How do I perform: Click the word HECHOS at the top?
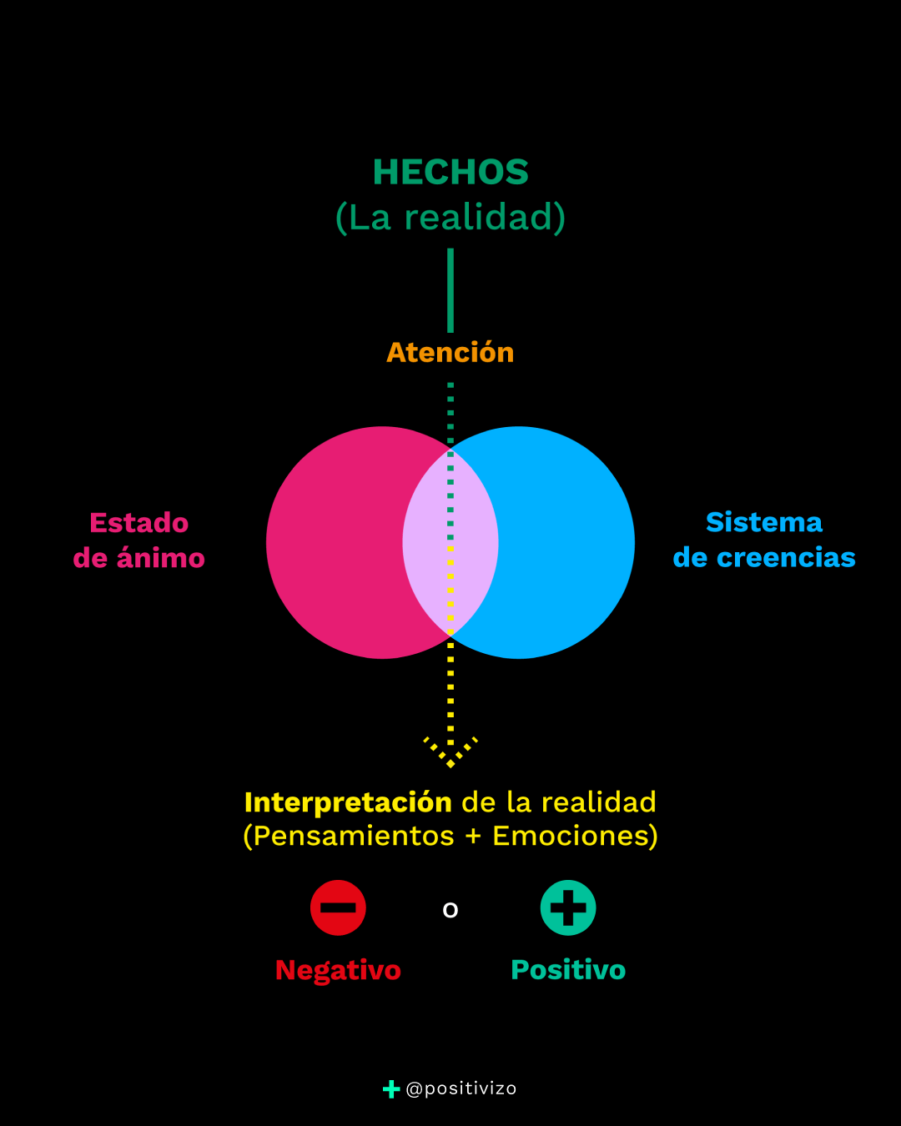click(450, 172)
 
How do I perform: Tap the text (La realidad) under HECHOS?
click(450, 217)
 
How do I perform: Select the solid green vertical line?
click(450, 290)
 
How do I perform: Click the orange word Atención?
click(450, 353)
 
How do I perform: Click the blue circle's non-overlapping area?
click(567, 542)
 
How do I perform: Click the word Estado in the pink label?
click(139, 523)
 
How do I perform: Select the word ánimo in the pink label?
click(161, 558)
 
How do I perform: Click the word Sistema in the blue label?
click(764, 522)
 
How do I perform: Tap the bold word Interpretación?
click(348, 802)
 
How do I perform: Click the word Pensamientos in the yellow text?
click(354, 836)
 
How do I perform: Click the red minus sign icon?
click(338, 907)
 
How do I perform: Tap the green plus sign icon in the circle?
click(568, 907)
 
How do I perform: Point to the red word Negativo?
click(338, 970)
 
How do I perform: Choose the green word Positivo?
click(568, 970)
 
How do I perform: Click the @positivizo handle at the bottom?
click(461, 1088)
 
